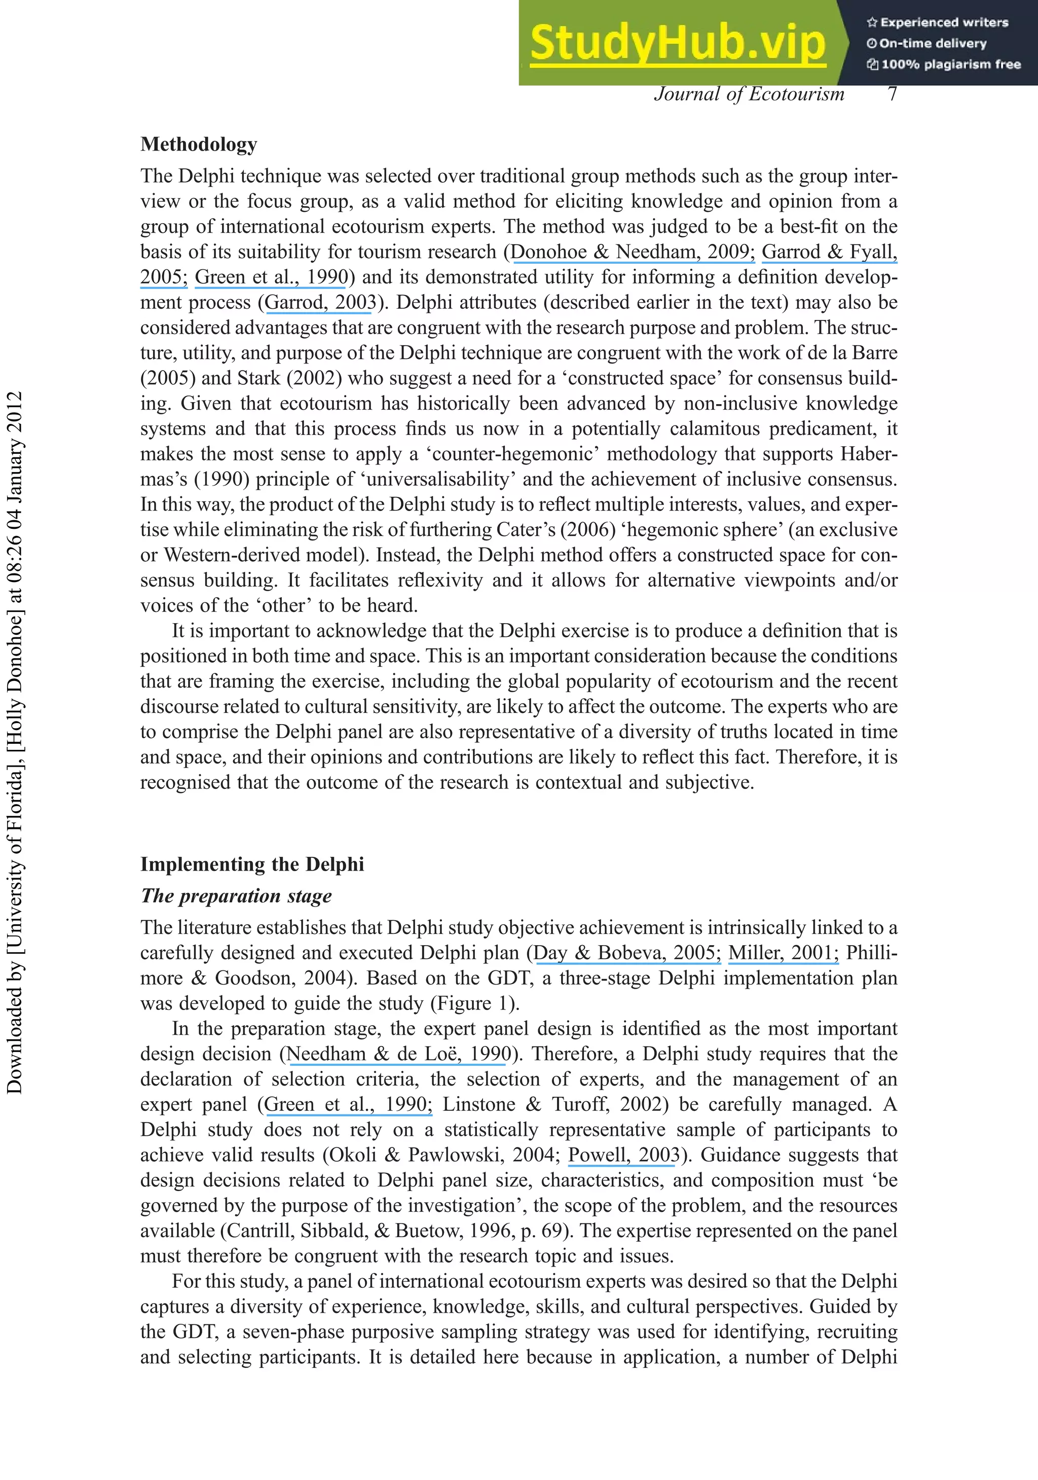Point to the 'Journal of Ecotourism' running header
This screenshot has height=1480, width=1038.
click(x=749, y=94)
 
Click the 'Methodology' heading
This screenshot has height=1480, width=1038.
click(x=199, y=144)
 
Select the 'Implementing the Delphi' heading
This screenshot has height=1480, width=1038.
click(x=252, y=864)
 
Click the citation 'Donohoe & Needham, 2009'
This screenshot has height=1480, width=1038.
click(x=632, y=251)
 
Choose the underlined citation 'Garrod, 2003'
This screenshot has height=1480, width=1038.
click(x=320, y=302)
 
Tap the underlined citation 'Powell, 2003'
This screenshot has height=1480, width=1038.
click(x=623, y=1154)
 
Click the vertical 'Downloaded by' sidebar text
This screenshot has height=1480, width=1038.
click(x=14, y=741)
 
